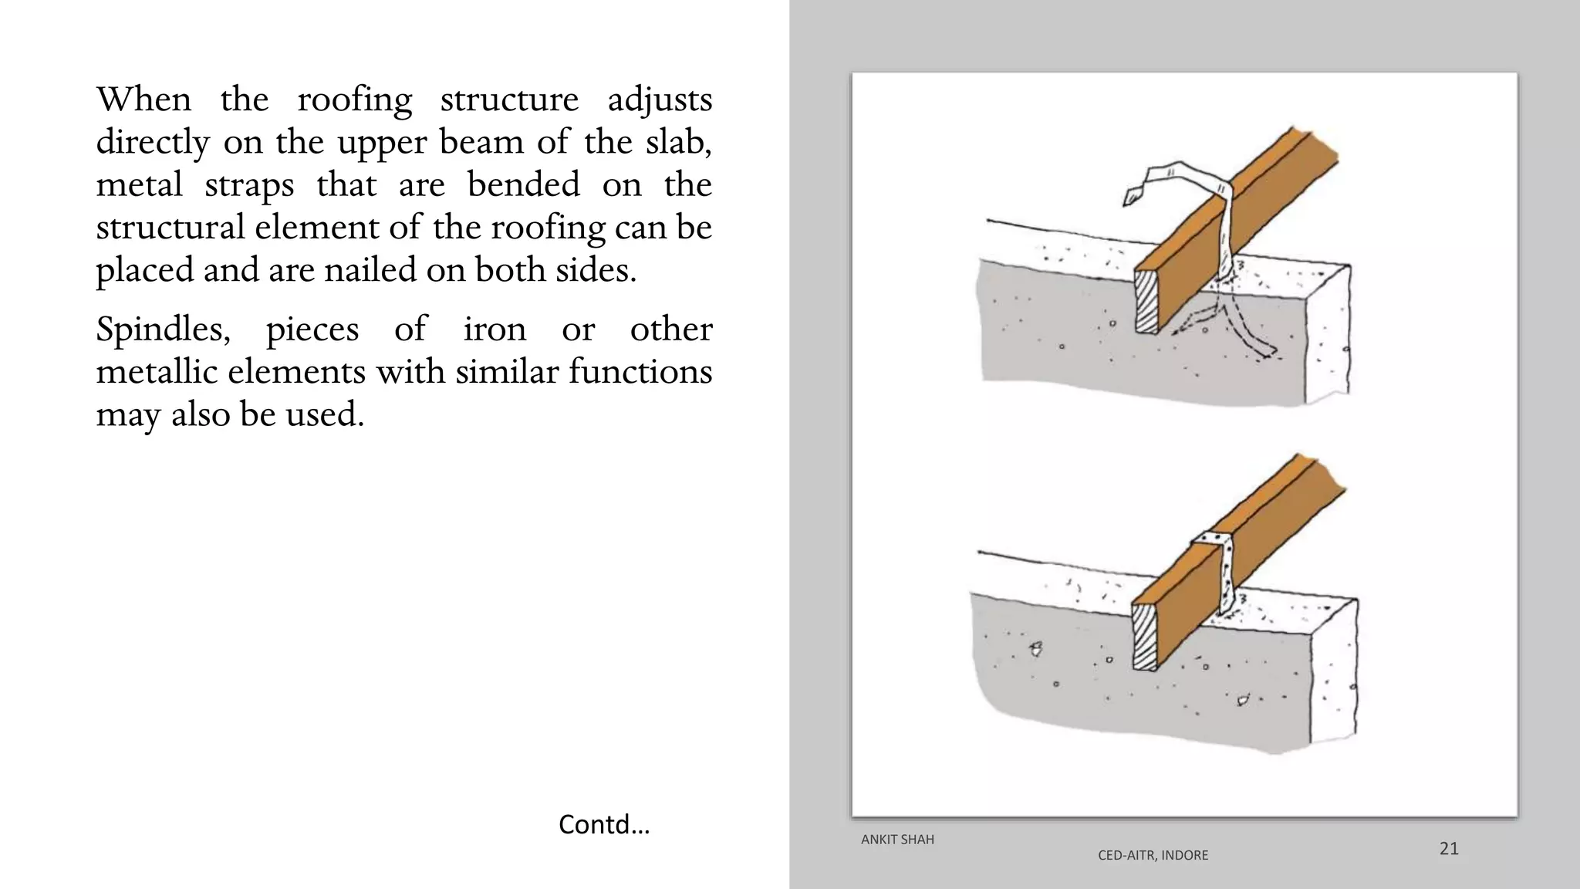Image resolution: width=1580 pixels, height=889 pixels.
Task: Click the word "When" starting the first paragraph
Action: pos(143,100)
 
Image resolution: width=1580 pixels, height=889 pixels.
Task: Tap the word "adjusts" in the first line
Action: pos(660,100)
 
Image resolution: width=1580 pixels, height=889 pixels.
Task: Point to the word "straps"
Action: pos(249,185)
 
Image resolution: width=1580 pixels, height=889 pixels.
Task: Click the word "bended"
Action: pos(524,185)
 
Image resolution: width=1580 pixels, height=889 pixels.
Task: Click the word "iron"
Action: pos(495,330)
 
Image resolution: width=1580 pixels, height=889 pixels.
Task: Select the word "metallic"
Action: pos(157,372)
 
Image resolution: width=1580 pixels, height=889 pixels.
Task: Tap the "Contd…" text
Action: pos(604,824)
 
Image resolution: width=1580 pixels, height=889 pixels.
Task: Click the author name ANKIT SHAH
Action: pos(897,840)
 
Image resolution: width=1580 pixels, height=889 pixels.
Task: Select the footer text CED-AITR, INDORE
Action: pos(1153,855)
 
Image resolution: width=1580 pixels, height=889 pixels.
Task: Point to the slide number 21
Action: pos(1449,849)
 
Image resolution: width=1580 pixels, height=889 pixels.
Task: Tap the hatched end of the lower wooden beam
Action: pos(1145,637)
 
